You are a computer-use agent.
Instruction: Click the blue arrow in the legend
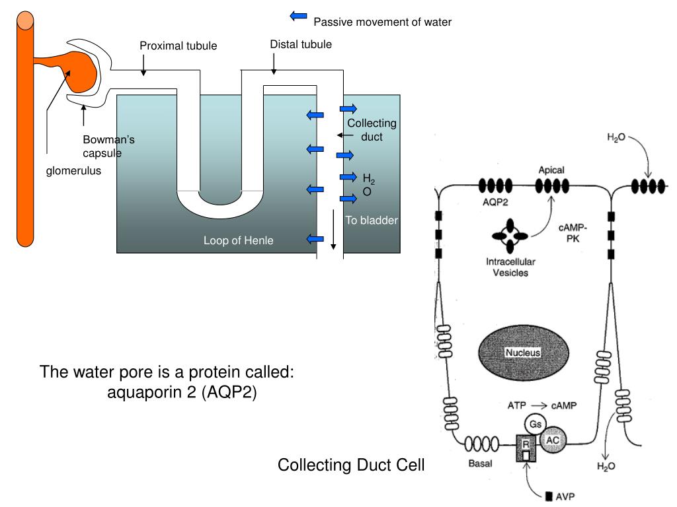tap(299, 16)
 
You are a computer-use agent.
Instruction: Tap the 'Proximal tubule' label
tap(178, 46)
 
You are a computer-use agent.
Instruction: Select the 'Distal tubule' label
tap(301, 44)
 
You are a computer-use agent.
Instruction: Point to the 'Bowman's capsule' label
tap(108, 147)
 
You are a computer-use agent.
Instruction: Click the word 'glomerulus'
tap(73, 172)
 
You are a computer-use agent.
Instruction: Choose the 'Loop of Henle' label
tap(238, 240)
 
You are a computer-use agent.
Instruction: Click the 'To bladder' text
tap(372, 220)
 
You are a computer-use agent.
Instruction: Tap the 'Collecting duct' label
tap(372, 130)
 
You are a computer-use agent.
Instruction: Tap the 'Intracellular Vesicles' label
tap(510, 267)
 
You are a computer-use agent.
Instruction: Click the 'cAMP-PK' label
tap(573, 233)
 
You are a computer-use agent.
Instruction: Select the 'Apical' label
tap(551, 170)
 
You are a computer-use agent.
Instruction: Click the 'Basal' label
tap(480, 463)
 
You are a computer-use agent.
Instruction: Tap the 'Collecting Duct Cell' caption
tap(351, 465)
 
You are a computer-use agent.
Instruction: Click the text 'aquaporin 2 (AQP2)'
tap(182, 393)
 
